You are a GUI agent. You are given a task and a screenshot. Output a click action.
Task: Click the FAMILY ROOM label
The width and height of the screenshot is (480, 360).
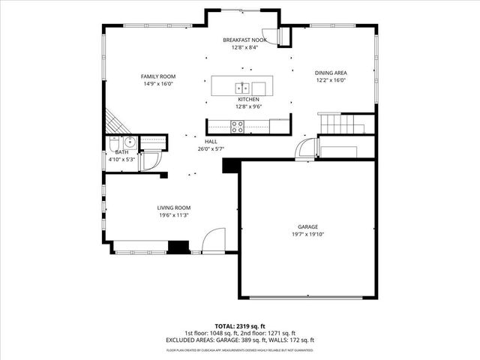pyautogui.click(x=158, y=76)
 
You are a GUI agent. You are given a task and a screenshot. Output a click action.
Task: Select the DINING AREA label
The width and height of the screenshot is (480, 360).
pyautogui.click(x=330, y=73)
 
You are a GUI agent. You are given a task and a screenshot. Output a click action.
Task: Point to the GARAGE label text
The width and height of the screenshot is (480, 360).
pyautogui.click(x=307, y=226)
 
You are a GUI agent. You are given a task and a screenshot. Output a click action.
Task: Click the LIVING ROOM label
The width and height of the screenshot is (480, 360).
pyautogui.click(x=173, y=208)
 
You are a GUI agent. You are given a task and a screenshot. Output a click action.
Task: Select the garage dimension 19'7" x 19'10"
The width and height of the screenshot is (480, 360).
pyautogui.click(x=307, y=234)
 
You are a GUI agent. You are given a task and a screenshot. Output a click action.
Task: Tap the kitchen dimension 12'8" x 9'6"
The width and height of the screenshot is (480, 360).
pyautogui.click(x=248, y=106)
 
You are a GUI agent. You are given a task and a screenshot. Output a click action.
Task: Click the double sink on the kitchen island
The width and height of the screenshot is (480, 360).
pyautogui.click(x=242, y=85)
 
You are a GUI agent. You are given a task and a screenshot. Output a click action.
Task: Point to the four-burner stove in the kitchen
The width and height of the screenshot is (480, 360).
pyautogui.click(x=237, y=127)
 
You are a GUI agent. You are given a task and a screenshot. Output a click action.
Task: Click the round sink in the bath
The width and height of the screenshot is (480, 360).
pyautogui.click(x=129, y=141)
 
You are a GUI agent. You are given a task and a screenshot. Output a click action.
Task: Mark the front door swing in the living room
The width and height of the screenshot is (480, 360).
pyautogui.click(x=213, y=240)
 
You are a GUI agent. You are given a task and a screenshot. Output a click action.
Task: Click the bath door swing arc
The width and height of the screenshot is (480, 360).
pyautogui.click(x=150, y=160)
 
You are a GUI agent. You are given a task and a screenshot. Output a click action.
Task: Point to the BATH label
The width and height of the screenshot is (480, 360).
pyautogui.click(x=121, y=152)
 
